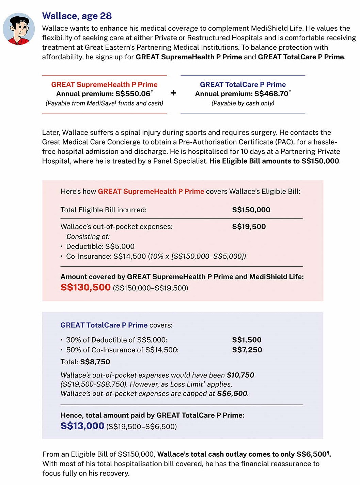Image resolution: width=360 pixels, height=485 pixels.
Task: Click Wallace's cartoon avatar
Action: (19, 29)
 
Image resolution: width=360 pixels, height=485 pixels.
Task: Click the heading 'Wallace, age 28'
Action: (77, 16)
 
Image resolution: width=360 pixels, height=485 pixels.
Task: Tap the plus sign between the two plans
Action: (173, 93)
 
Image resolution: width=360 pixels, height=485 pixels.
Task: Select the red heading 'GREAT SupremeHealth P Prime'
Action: (104, 85)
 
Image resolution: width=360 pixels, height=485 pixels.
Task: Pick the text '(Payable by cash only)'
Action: (243, 103)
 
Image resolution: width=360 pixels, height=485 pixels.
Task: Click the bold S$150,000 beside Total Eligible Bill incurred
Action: (251, 210)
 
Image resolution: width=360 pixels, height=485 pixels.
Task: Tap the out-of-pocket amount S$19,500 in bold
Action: (249, 227)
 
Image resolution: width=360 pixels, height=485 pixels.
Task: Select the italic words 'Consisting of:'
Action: (88, 237)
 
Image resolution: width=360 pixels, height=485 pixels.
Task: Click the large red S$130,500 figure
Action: (85, 287)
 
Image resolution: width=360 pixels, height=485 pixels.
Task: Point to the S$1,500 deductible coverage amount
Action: (247, 340)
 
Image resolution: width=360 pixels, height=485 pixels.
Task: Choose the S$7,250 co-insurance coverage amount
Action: (247, 350)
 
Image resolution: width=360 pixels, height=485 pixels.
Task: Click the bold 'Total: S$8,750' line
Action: (85, 362)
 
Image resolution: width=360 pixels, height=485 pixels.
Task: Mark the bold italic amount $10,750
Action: (240, 375)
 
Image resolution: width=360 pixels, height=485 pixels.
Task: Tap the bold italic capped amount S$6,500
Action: (232, 394)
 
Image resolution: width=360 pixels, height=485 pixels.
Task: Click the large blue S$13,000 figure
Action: (82, 426)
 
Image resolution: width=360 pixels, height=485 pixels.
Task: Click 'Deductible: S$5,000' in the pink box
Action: (100, 246)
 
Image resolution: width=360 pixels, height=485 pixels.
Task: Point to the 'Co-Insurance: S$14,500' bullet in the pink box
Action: (106, 256)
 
